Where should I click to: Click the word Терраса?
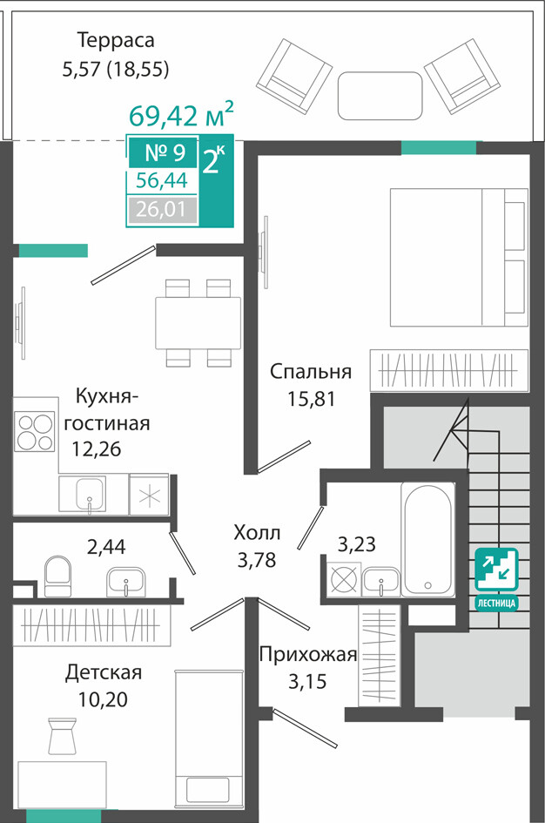[x=116, y=40]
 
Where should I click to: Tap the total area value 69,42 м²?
[x=181, y=115]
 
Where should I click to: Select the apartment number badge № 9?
[x=164, y=152]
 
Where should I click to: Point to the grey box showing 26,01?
[x=162, y=210]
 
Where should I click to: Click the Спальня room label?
[x=311, y=373]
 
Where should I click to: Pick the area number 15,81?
[x=311, y=399]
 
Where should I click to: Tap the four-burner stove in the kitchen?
[x=35, y=432]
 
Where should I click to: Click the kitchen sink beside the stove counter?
[x=91, y=494]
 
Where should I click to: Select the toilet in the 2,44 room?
[x=57, y=577]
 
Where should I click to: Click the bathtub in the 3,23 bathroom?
[x=428, y=539]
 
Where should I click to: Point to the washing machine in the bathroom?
[x=344, y=579]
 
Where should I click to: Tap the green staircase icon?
[x=496, y=570]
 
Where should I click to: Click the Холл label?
[x=257, y=533]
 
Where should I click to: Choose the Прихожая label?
[x=308, y=655]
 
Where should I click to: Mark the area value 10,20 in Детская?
[x=103, y=699]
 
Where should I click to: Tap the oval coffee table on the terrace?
[x=380, y=96]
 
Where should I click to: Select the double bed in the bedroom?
[x=458, y=257]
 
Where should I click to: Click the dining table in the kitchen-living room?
[x=198, y=323]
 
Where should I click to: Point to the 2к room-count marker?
[x=213, y=160]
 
